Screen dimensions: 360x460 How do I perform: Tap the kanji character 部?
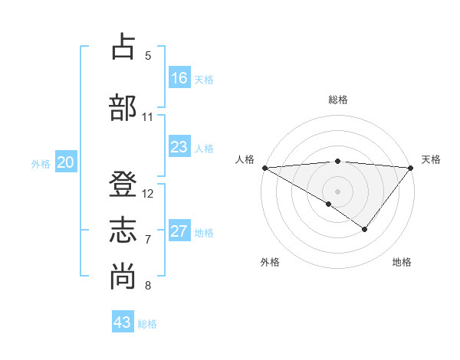click(123, 108)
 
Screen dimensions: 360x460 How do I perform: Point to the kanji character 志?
click(123, 231)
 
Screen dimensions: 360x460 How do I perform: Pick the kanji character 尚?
click(123, 277)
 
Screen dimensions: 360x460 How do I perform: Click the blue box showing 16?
click(179, 77)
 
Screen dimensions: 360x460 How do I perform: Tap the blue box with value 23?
click(179, 147)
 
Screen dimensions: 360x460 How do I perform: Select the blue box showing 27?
click(179, 231)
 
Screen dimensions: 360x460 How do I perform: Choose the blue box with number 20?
click(65, 162)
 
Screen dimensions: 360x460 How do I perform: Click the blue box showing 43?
click(122, 322)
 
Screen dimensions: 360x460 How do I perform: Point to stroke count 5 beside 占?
click(148, 56)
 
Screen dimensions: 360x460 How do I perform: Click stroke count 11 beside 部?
click(148, 117)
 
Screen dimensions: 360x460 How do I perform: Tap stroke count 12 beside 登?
click(148, 194)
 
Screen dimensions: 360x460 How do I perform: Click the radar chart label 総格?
click(338, 100)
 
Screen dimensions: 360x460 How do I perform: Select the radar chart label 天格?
click(432, 159)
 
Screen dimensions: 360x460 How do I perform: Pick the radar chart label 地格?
click(402, 262)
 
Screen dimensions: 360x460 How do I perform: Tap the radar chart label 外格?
click(270, 262)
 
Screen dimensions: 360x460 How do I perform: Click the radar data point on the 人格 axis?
click(264, 167)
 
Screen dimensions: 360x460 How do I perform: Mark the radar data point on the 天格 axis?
click(411, 167)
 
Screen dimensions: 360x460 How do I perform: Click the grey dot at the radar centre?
click(337, 191)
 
